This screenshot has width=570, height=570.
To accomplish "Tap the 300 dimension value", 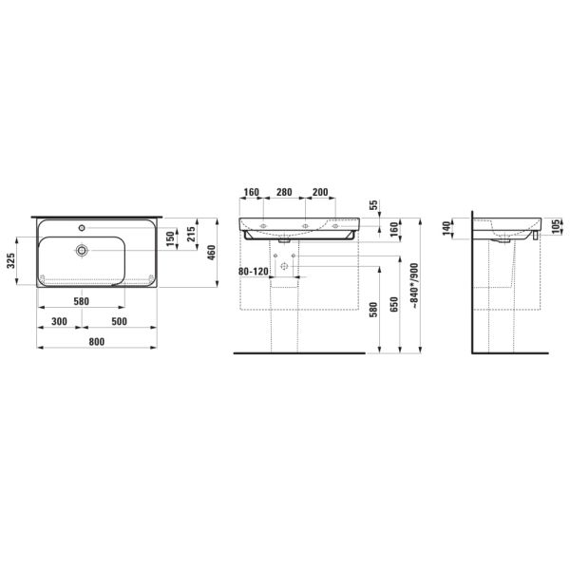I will [x=59, y=321].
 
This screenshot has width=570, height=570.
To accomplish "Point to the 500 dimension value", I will [x=119, y=321].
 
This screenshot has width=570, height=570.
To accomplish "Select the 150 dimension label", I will [x=172, y=240].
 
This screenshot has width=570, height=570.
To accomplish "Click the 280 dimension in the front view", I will [x=283, y=193].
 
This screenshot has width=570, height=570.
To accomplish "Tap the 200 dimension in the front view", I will [x=319, y=193].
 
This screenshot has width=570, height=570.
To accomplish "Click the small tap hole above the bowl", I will [x=84, y=227].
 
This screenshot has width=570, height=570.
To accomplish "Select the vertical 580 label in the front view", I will [x=372, y=312].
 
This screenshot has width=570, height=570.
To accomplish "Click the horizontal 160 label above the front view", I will [x=251, y=193].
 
